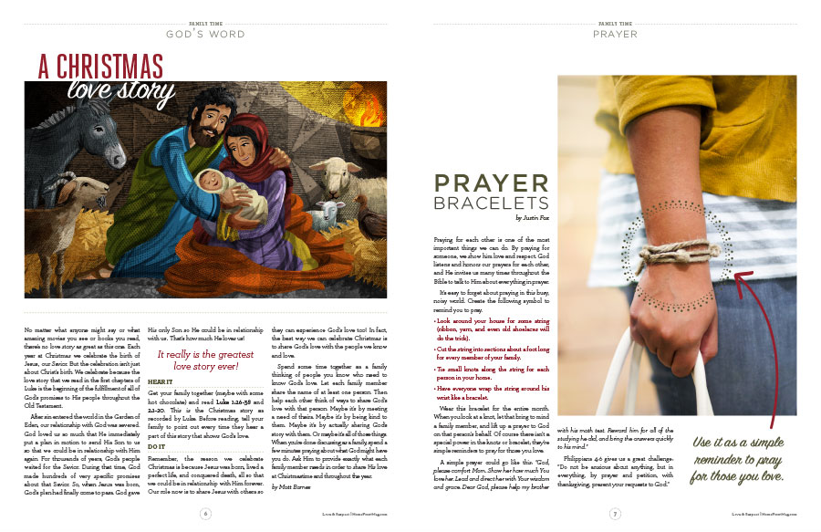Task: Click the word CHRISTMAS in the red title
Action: click(113, 66)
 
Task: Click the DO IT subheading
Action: click(156, 446)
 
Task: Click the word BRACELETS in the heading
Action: click(491, 203)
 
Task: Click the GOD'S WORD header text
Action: click(204, 35)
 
